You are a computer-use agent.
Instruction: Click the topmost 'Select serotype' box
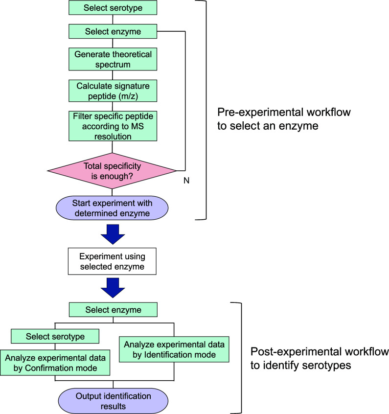[x=113, y=8]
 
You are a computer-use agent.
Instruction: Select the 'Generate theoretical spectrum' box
[x=113, y=59]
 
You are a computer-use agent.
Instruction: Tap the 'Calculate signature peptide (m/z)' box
[x=113, y=91]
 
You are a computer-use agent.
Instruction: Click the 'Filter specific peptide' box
[x=113, y=126]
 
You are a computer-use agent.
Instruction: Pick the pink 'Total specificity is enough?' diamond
[x=112, y=171]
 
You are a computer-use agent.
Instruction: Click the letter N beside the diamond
[x=186, y=181]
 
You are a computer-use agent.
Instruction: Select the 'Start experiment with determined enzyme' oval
[x=112, y=208]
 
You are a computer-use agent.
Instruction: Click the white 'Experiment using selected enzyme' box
[x=112, y=261]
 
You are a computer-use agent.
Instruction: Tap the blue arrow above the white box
[x=113, y=234]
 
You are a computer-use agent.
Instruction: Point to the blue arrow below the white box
[x=113, y=288]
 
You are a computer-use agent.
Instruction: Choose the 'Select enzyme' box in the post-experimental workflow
[x=113, y=310]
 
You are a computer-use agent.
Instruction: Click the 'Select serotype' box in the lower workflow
[x=55, y=336]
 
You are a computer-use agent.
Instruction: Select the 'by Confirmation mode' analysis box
[x=55, y=363]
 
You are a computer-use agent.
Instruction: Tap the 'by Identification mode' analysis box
[x=174, y=349]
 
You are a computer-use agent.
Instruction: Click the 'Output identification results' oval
[x=113, y=401]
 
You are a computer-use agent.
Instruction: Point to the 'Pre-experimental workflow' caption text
[x=284, y=119]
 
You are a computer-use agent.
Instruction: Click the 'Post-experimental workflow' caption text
[x=320, y=358]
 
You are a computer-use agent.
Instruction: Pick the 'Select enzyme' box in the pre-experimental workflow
[x=113, y=31]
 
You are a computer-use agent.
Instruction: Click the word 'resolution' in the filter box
[x=113, y=137]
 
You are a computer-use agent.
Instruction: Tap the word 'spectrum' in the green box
[x=113, y=65]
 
